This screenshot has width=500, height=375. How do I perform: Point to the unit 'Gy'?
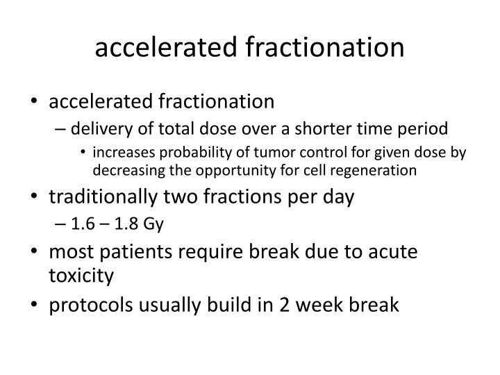click(x=152, y=224)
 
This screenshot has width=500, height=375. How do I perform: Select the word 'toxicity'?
click(x=81, y=277)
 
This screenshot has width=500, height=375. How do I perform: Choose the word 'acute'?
click(x=394, y=251)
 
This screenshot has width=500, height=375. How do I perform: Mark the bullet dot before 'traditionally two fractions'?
click(x=35, y=197)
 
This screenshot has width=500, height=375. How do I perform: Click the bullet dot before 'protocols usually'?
click(x=35, y=306)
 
